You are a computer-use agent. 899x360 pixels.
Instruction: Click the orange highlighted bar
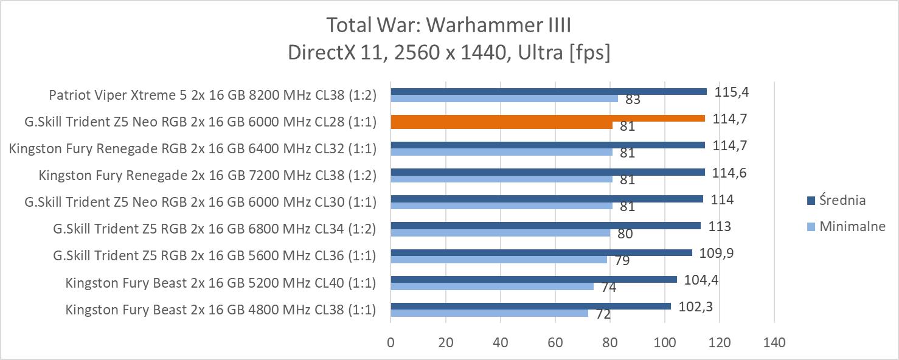point(547,119)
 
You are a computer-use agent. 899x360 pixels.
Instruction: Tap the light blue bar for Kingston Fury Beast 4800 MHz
point(490,313)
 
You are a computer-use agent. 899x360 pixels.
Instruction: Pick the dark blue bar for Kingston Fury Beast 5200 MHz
point(533,279)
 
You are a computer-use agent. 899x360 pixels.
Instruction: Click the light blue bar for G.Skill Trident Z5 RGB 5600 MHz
point(499,259)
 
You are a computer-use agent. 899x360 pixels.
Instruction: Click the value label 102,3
point(695,307)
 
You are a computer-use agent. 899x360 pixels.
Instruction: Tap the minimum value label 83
point(633,100)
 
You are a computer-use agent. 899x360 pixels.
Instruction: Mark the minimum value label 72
point(603,314)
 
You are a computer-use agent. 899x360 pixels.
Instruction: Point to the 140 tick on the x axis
point(774,343)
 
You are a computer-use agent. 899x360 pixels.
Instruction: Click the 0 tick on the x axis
point(390,343)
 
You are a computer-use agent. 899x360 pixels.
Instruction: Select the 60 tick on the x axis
point(555,343)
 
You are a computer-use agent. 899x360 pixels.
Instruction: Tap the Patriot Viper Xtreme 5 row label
point(212,95)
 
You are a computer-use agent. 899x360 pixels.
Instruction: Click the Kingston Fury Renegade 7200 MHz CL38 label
point(207,175)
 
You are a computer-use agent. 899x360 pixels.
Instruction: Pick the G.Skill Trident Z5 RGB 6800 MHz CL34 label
point(215,229)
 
